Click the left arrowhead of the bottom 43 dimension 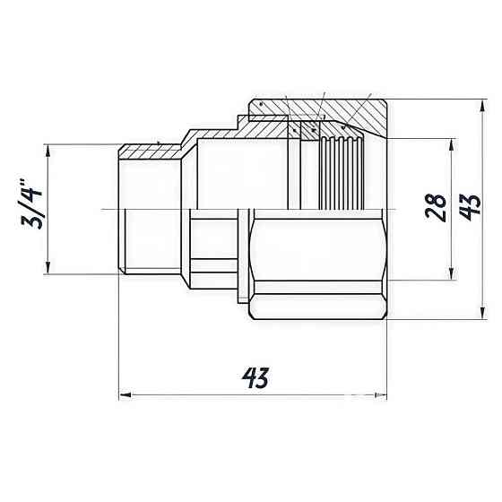coord(124,394)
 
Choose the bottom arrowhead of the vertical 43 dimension coord(480,316)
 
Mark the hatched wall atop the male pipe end coord(149,147)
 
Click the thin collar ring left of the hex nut coord(245,255)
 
